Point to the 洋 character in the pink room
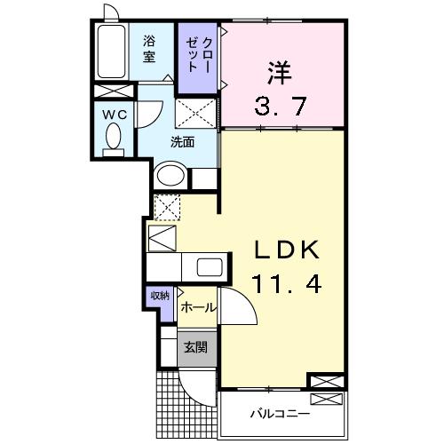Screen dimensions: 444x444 [x=277, y=69]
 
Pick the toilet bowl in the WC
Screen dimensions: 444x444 [x=114, y=138]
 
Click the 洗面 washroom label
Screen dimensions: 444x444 [x=183, y=140]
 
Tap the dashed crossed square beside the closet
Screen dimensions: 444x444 [x=197, y=114]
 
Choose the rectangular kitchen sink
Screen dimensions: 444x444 [x=211, y=267]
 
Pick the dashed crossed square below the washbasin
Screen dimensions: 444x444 [x=168, y=207]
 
